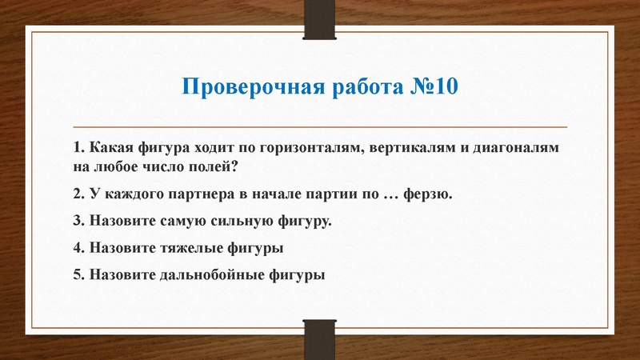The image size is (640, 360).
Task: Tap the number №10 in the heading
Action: [434, 86]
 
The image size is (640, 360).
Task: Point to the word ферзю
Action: [431, 194]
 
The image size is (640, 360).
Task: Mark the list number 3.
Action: [77, 221]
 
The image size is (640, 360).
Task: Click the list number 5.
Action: [77, 274]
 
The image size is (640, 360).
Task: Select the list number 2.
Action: [77, 194]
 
